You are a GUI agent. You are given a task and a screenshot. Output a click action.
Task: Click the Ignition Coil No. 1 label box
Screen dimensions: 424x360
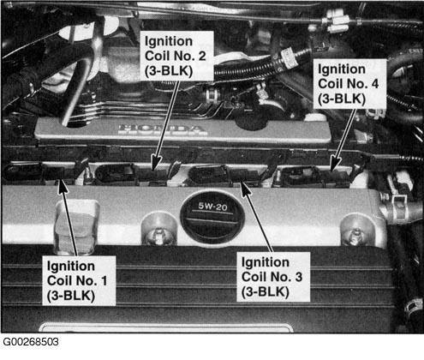coord(79,280)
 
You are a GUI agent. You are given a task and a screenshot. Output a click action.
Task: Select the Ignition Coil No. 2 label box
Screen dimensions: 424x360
coord(176,56)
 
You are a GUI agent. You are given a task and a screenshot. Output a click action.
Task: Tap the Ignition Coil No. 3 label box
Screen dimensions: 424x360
coord(273,277)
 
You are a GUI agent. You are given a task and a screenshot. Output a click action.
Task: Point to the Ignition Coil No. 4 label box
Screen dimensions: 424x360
coord(349,84)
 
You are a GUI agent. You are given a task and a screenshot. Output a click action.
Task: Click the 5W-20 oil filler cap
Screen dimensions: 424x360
coord(212,217)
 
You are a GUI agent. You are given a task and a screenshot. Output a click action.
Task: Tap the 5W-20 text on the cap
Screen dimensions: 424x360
coord(212,207)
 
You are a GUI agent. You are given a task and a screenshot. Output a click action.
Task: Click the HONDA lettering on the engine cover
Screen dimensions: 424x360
coord(163,129)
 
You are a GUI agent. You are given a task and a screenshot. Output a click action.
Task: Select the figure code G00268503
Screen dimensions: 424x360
coord(31,342)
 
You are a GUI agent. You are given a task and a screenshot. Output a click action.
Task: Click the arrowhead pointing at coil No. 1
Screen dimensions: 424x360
coord(63,186)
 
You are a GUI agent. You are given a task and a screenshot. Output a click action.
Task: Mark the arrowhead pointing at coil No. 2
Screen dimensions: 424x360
coord(156,164)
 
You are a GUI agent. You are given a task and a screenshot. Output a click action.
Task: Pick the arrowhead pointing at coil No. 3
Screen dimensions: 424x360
coord(245,188)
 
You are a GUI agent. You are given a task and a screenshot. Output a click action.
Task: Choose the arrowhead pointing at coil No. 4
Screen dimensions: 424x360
coord(335,164)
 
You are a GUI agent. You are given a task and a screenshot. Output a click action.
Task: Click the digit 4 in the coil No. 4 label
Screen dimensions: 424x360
coord(374,84)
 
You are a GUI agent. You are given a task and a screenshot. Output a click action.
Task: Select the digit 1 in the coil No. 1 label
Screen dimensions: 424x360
coord(105,280)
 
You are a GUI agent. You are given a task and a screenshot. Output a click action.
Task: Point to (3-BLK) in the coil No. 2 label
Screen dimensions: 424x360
coord(169,71)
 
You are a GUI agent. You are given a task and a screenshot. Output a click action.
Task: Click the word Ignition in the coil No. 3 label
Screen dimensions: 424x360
coord(266,263)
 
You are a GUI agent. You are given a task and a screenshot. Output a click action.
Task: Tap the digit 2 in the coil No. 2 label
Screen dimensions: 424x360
coord(202,56)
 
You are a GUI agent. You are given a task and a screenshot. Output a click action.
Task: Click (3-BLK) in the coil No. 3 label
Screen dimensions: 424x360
coord(266,292)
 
